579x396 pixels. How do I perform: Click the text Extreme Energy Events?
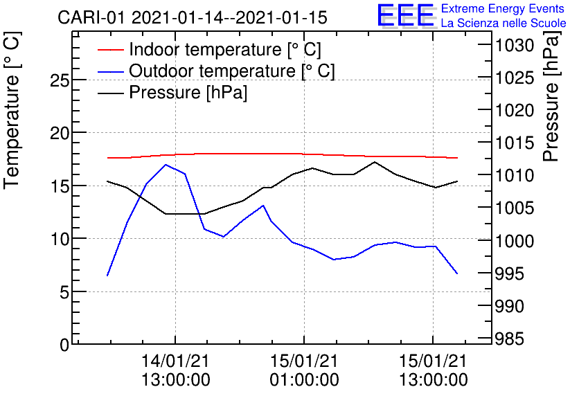tap(503, 9)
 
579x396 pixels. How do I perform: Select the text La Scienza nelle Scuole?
tap(504, 24)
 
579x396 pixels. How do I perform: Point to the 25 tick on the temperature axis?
tap(60, 80)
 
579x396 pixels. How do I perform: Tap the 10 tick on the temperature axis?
tap(60, 239)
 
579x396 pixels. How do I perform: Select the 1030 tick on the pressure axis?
tap(513, 46)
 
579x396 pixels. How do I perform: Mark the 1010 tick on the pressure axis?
tap(513, 176)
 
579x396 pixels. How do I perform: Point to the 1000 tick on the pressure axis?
tap(513, 241)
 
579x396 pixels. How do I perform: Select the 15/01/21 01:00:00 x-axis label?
tap(304, 370)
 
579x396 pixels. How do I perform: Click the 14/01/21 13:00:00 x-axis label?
tap(175, 370)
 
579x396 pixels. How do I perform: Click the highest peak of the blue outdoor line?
tap(166, 165)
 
